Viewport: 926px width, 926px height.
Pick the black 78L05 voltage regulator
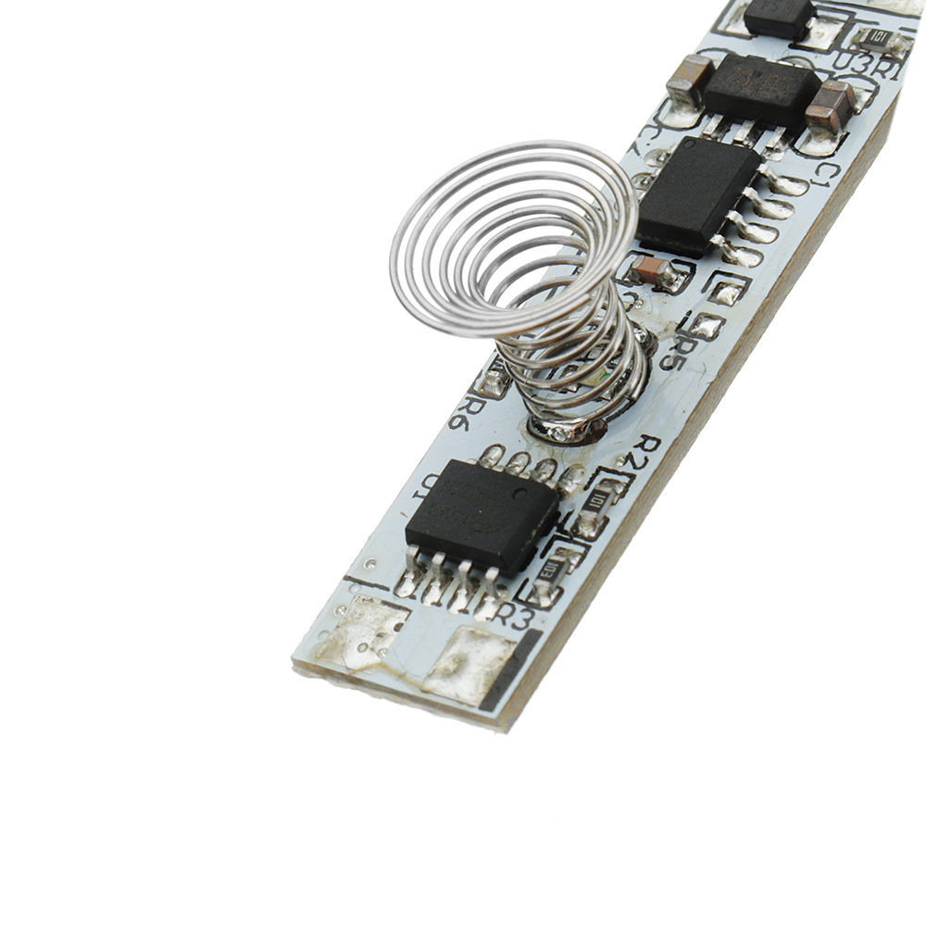(x=761, y=90)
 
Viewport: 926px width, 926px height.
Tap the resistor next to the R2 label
(x=597, y=501)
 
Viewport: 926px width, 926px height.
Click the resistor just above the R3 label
(x=551, y=570)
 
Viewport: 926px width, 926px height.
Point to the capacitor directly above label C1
(x=831, y=105)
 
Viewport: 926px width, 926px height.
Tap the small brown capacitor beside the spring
(x=655, y=270)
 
